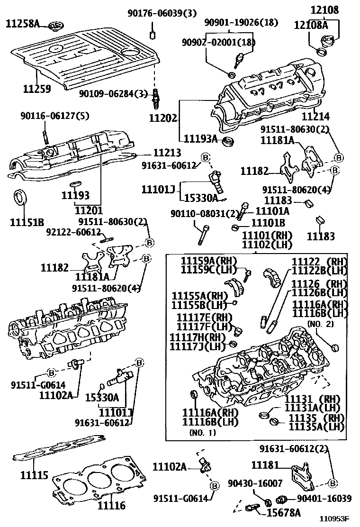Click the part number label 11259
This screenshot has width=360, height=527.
[x=37, y=89]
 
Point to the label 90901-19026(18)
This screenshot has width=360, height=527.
[x=241, y=22]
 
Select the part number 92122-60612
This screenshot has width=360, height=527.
[x=73, y=232]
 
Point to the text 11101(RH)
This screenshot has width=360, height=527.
[x=267, y=235]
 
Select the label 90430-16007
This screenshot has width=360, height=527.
[x=261, y=483]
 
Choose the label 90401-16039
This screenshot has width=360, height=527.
[x=324, y=499]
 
